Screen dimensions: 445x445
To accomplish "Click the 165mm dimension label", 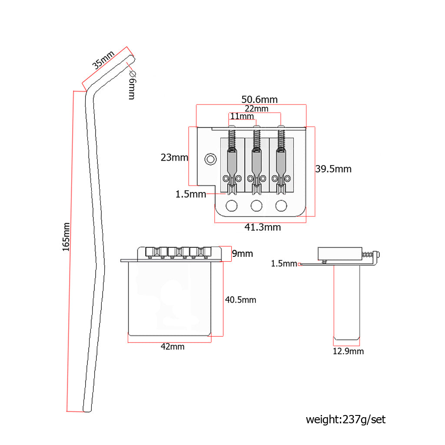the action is (x=66, y=237).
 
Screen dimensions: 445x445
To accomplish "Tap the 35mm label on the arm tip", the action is (x=103, y=60).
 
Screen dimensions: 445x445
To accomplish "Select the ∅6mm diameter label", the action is (x=132, y=85).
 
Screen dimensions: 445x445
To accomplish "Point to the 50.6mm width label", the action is (x=259, y=100).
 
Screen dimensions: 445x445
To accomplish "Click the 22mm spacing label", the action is (x=256, y=108).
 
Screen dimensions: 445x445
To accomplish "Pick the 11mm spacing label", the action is (x=242, y=116).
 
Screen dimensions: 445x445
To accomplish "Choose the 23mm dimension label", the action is (x=174, y=157).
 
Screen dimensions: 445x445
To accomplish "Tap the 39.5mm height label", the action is (x=333, y=169).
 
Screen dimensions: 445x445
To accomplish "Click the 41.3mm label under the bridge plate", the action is (x=262, y=227).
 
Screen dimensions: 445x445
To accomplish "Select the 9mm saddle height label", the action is (x=242, y=253).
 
